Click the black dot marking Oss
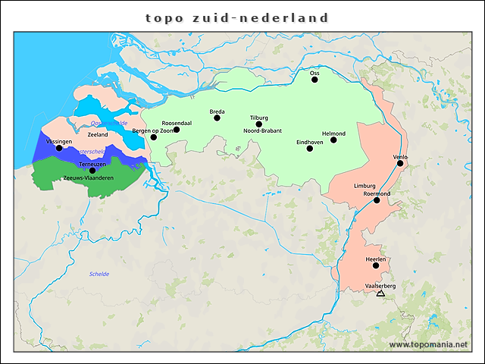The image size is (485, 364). tap(314, 79)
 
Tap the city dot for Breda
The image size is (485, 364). tap(217, 118)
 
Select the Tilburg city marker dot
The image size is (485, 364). tap(259, 124)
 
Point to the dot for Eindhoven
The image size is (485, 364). tap(309, 148)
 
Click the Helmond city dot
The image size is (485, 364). tap(333, 140)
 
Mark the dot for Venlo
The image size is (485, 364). tap(400, 163)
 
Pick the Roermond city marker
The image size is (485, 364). tap(377, 200)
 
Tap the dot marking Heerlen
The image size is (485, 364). tap(376, 265)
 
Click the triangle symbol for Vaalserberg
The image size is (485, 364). tap(380, 293)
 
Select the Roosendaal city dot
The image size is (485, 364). tap(177, 129)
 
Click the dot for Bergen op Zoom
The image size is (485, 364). tap(153, 137)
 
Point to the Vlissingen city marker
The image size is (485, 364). tap(59, 148)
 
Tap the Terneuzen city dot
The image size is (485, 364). tap(92, 171)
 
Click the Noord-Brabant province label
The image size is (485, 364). tap(262, 131)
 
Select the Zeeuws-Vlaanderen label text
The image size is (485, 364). tap(89, 178)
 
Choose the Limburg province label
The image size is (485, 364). tap(365, 186)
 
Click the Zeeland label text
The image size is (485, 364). tap(98, 134)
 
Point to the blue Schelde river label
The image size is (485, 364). tap(99, 274)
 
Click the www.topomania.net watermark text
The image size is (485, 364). tap(428, 344)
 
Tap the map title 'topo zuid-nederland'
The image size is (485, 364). tap(237, 17)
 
